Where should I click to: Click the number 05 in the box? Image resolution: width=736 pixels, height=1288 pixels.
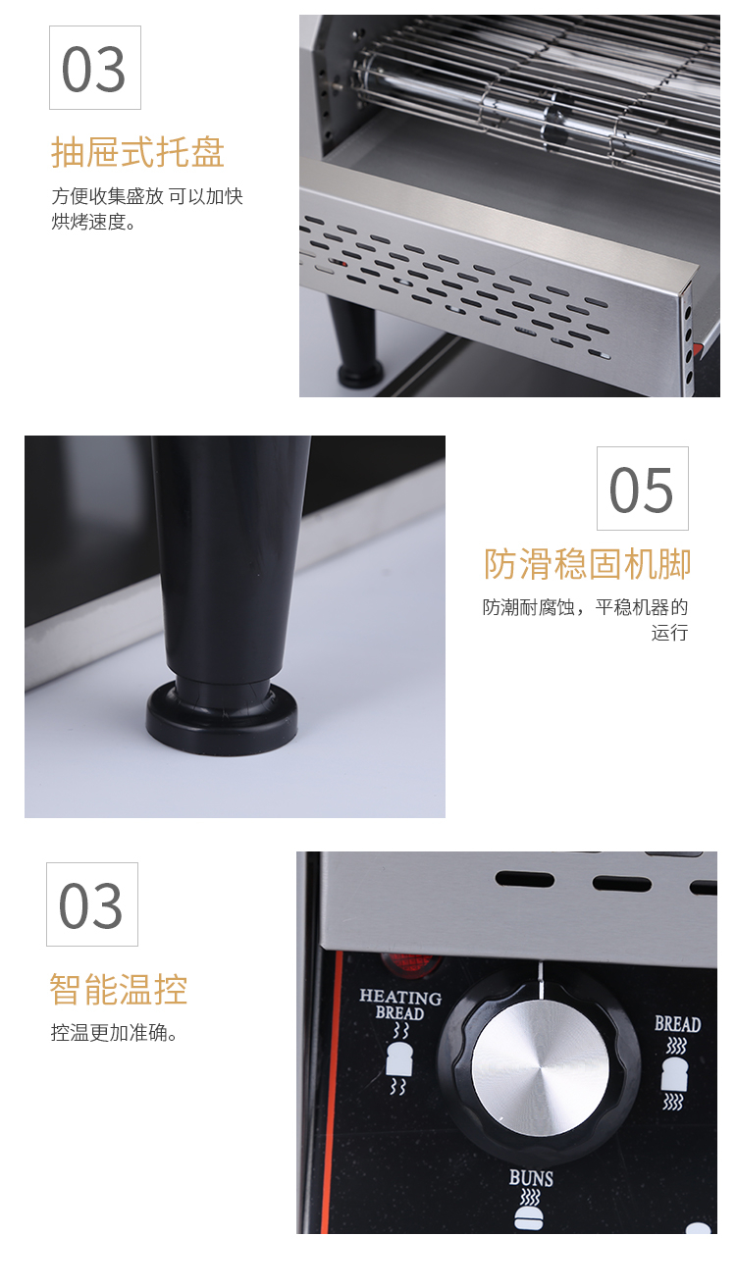click(641, 489)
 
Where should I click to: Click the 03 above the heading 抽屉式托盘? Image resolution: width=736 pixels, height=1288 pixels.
click(94, 69)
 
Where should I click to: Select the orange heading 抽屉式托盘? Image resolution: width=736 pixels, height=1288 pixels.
click(137, 152)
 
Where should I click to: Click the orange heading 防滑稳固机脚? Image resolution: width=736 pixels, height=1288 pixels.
click(587, 563)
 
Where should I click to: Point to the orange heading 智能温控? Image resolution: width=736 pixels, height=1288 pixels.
click(119, 990)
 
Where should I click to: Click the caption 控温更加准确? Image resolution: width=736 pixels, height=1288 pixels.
click(113, 1033)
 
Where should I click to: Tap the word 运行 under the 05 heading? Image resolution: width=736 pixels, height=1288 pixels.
click(670, 633)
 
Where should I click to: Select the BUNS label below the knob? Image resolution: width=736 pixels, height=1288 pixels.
click(531, 1177)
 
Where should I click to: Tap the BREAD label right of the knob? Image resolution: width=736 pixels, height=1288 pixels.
click(677, 1024)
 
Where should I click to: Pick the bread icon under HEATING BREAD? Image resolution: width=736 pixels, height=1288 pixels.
click(398, 1058)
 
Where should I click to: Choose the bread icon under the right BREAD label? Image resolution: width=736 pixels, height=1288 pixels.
click(675, 1073)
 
